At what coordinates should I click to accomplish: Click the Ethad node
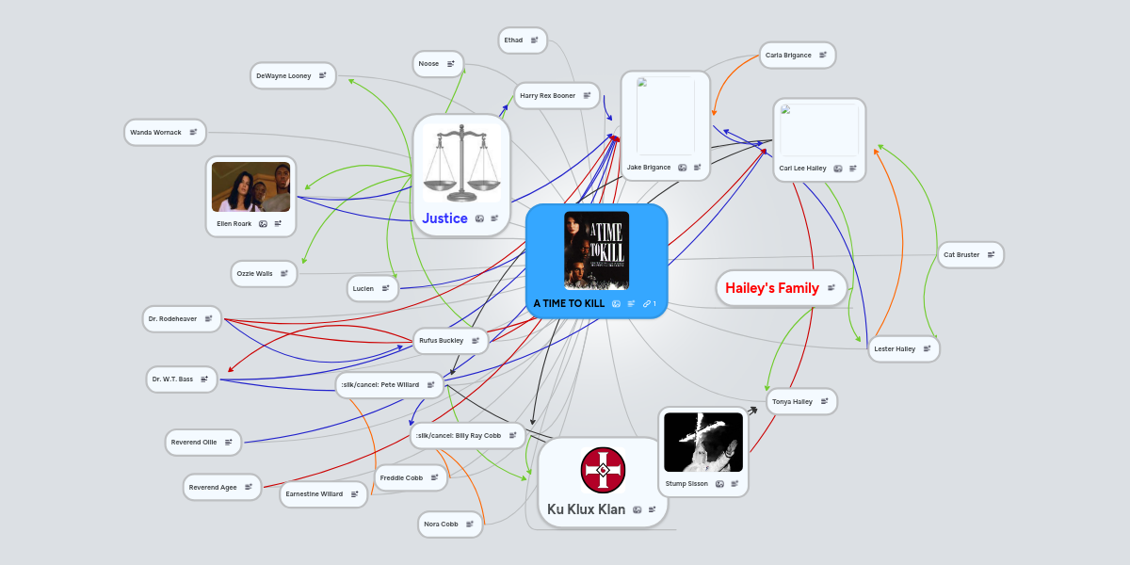pyautogui.click(x=523, y=40)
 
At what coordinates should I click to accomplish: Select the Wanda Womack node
pyautogui.click(x=165, y=132)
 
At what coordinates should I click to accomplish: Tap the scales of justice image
pyautogui.click(x=461, y=163)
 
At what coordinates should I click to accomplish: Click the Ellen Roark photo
pyautogui.click(x=250, y=186)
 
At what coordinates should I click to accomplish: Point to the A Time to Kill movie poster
pyautogui.click(x=596, y=250)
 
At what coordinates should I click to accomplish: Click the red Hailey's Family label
pyautogui.click(x=772, y=288)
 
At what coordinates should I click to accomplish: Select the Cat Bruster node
pyautogui.click(x=971, y=255)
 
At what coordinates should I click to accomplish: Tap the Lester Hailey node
pyautogui.click(x=903, y=348)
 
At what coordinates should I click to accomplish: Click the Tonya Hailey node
pyautogui.click(x=801, y=401)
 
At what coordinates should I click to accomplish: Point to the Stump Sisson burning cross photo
pyautogui.click(x=703, y=443)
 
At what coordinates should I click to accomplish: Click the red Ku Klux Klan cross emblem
pyautogui.click(x=603, y=470)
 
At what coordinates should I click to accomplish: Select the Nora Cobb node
pyautogui.click(x=450, y=525)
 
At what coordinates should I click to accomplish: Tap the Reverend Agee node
pyautogui.click(x=222, y=488)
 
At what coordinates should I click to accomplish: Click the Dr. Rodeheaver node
pyautogui.click(x=182, y=319)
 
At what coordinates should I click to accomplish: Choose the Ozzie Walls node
pyautogui.click(x=264, y=273)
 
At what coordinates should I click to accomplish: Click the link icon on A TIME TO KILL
pyautogui.click(x=647, y=303)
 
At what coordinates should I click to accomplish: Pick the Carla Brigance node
pyautogui.click(x=797, y=55)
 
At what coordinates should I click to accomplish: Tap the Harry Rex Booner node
pyautogui.click(x=557, y=95)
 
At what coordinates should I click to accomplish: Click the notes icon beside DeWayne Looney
pyautogui.click(x=322, y=75)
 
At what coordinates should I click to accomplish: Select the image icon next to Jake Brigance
pyautogui.click(x=682, y=168)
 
